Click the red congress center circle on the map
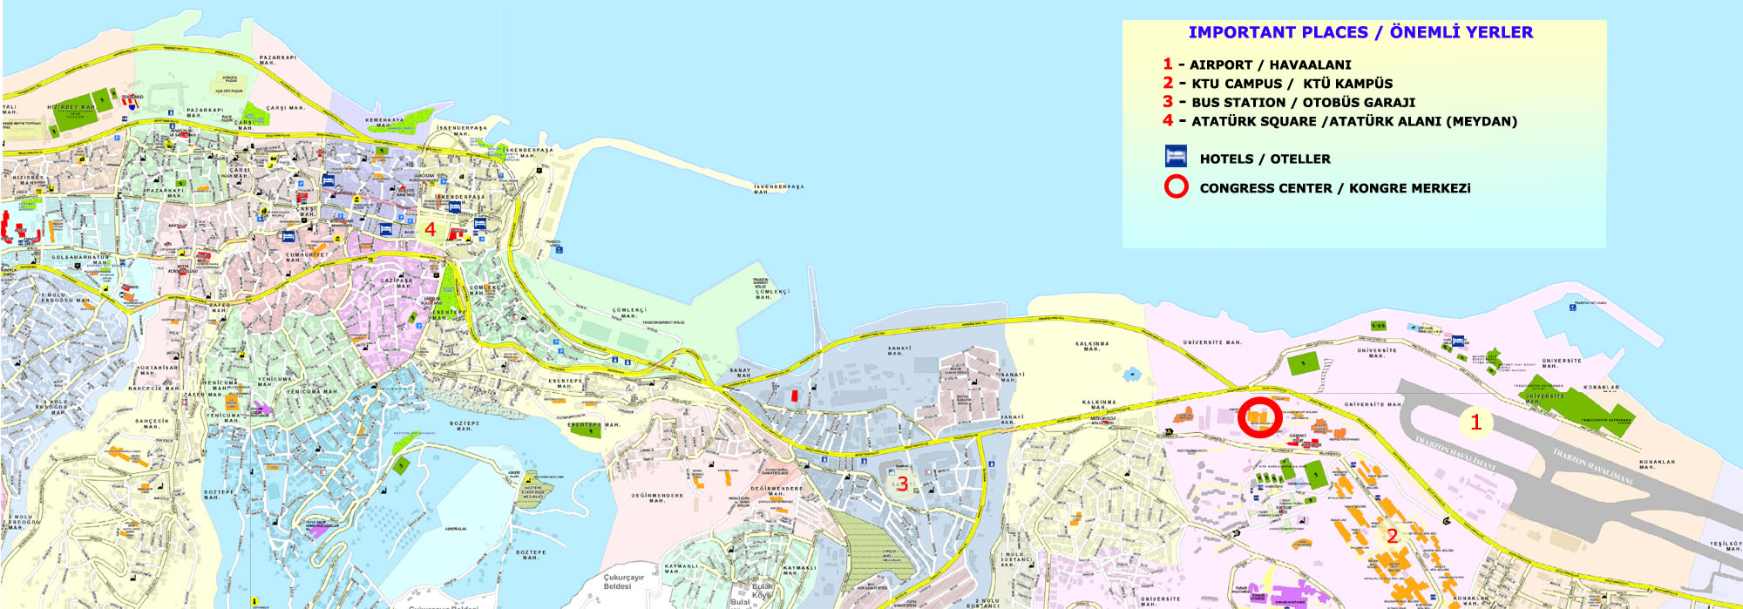[1260, 417]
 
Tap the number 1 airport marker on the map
[1475, 423]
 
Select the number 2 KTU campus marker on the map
[1392, 536]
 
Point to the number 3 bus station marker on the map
[903, 484]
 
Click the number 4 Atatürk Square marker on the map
[430, 230]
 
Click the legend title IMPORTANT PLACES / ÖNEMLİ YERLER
[1360, 32]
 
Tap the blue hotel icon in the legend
[1176, 157]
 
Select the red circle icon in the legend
[1176, 186]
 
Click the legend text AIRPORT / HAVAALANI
[1270, 64]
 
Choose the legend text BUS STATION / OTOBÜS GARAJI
[1303, 103]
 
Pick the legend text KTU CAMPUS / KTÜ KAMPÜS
[1292, 84]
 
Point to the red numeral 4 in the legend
[1168, 120]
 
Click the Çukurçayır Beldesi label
[622, 582]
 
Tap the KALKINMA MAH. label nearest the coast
[1092, 346]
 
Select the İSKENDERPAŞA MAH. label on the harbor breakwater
[778, 188]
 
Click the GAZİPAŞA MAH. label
[397, 283]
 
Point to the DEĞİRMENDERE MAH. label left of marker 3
[658, 497]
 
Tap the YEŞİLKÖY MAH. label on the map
[1725, 546]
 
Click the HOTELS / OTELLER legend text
[1265, 159]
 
